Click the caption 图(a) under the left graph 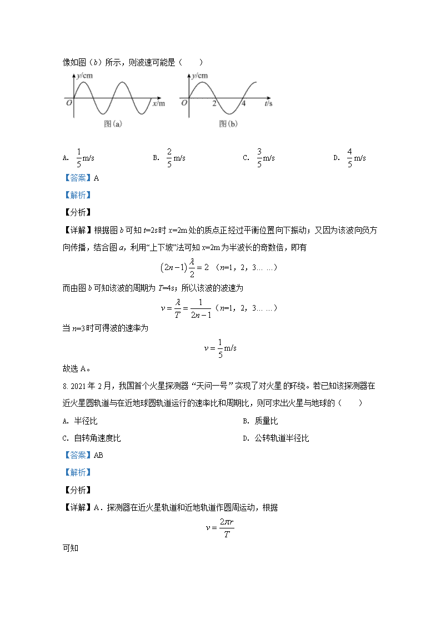(113, 124)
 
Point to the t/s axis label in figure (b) (268, 104)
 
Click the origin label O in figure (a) (69, 103)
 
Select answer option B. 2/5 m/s (169, 158)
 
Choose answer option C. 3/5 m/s (259, 158)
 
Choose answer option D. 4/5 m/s (349, 158)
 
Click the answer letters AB (99, 455)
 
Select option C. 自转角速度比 (92, 438)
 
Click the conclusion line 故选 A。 (77, 368)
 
